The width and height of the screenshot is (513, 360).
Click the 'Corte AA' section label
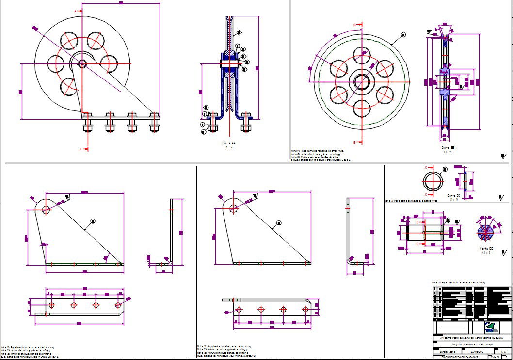click(229, 143)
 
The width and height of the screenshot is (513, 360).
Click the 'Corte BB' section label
click(448, 147)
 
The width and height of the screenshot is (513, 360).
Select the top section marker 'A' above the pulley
click(75, 10)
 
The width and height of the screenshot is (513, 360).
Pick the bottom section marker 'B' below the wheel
click(354, 142)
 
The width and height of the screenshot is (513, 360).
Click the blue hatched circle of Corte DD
click(485, 233)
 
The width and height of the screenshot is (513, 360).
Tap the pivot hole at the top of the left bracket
click(46, 210)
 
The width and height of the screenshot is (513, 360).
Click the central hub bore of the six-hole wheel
click(361, 81)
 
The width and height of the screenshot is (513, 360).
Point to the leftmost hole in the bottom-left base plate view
click(52, 305)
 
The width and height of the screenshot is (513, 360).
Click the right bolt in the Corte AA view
click(246, 123)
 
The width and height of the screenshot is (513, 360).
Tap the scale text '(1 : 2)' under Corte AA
click(229, 148)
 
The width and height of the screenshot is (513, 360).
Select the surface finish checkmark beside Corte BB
click(503, 156)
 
